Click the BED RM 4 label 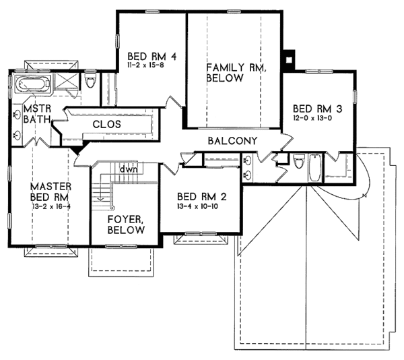coord(152,56)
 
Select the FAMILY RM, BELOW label coord(236,72)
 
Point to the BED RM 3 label coord(317,109)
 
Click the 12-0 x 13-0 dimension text coord(312,118)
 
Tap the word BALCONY coord(233,141)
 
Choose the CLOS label coord(106,124)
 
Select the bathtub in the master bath coord(33,82)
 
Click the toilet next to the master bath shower coord(90,80)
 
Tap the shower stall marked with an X coord(66,81)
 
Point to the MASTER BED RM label coord(50,191)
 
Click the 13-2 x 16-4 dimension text coord(51,206)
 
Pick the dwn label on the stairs coord(129,169)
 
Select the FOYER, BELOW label coord(126,224)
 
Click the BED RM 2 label coord(202,197)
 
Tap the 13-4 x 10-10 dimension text coord(197,206)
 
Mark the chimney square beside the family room coord(289,59)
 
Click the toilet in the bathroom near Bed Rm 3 coord(299,160)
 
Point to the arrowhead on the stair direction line coord(100,199)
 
